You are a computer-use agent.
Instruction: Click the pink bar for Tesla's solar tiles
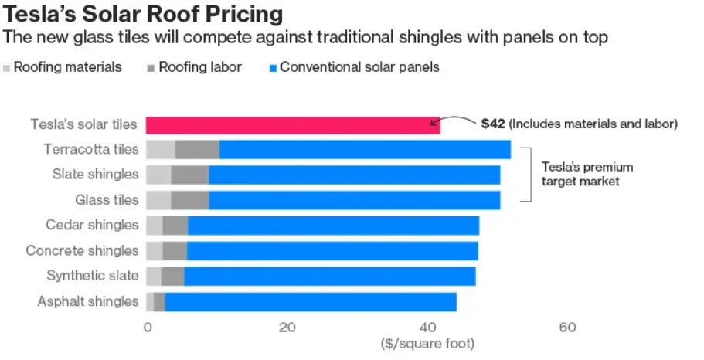(x=293, y=125)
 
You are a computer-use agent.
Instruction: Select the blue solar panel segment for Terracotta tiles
(x=365, y=150)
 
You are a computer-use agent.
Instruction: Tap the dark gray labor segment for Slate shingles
(x=189, y=175)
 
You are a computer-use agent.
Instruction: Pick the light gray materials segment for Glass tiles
(x=158, y=200)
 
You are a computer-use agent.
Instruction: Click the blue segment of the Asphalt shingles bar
(x=311, y=302)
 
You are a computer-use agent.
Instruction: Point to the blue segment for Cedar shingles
(x=333, y=226)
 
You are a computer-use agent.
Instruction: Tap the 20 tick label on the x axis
(x=287, y=328)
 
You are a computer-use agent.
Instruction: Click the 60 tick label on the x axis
(x=567, y=328)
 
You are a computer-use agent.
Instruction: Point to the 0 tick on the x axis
(x=147, y=328)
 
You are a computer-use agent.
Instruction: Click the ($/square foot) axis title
(x=427, y=342)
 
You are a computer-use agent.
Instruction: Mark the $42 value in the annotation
(x=492, y=124)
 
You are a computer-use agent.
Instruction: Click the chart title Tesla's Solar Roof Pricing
(x=143, y=15)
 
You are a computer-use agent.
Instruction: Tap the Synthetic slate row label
(x=93, y=276)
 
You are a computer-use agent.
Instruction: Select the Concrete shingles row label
(x=82, y=251)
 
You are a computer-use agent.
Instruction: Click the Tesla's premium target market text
(x=576, y=175)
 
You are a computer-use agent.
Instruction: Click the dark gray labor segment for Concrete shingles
(x=175, y=251)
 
